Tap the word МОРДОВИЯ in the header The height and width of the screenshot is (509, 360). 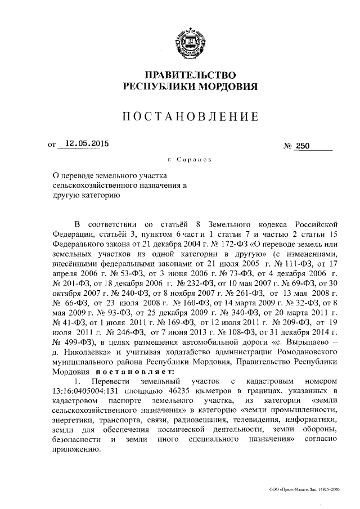tap(228, 87)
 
